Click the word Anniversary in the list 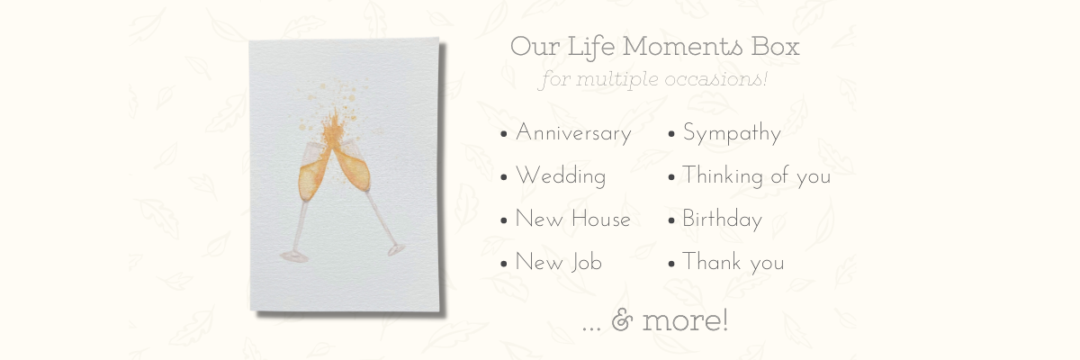point(573,133)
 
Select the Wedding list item point(560,175)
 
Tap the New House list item point(572,219)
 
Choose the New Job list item point(558,262)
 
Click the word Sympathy point(732,133)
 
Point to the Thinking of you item point(756,175)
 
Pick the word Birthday point(722,220)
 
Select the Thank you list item point(733,262)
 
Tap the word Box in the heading point(775,47)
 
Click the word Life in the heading point(591,48)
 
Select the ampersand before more point(622,320)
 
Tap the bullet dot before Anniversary point(504,134)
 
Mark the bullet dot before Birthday point(671,220)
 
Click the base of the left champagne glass point(294,256)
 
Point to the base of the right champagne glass point(396,249)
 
